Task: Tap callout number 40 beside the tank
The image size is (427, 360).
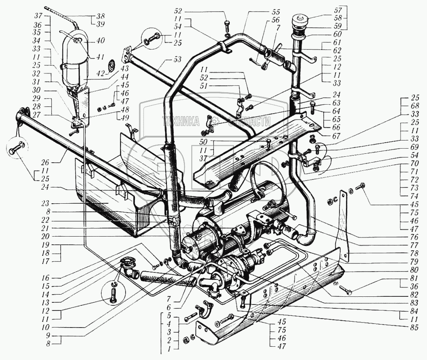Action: pyautogui.click(x=101, y=41)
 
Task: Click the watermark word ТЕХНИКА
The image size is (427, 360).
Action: pyautogui.click(x=180, y=122)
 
